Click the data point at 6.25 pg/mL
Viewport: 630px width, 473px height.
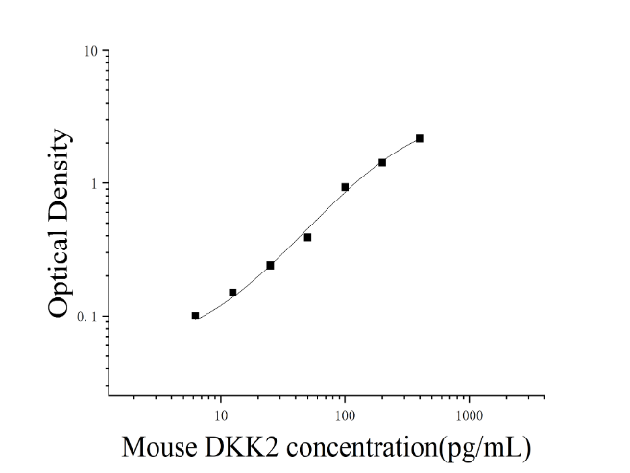pos(195,316)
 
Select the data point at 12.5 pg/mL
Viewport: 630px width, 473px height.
pos(232,293)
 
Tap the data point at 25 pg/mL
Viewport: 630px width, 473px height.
pos(270,266)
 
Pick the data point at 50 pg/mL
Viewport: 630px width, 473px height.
pos(307,237)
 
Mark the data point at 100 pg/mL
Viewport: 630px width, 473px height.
pos(345,187)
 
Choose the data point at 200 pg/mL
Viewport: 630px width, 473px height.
pos(382,162)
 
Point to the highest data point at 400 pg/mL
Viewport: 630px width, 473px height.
pos(420,138)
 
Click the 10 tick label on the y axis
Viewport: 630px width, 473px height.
pos(91,51)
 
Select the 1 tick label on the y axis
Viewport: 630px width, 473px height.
pos(95,184)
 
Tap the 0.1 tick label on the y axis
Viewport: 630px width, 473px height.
pos(87,317)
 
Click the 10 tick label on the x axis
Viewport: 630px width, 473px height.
pos(221,415)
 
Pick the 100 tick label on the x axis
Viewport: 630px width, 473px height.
pos(345,415)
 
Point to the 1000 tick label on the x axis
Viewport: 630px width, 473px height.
pos(469,415)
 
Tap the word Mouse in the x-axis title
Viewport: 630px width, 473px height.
pos(159,447)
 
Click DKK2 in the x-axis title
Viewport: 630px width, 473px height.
pos(241,447)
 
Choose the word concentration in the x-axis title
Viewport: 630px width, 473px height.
pos(362,448)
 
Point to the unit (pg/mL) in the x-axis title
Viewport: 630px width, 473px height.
pos(485,448)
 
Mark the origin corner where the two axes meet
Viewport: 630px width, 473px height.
pos(109,396)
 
